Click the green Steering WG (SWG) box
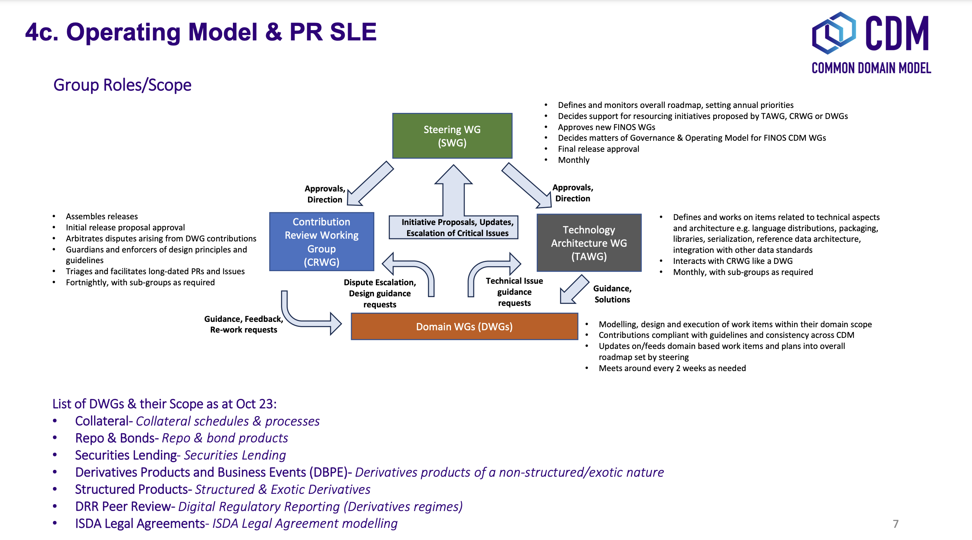(452, 136)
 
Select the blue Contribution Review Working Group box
(321, 242)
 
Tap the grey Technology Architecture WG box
(589, 243)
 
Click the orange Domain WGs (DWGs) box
(464, 326)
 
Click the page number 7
(895, 524)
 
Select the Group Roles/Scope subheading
(122, 85)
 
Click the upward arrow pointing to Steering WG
(453, 189)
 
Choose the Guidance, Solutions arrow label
(612, 294)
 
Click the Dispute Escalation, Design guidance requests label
(380, 293)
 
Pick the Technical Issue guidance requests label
(514, 292)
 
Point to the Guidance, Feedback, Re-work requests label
(244, 324)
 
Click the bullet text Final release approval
(598, 149)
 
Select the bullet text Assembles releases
(102, 217)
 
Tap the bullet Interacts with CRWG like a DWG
(733, 261)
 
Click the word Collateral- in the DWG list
(104, 421)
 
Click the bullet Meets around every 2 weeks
(672, 368)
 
